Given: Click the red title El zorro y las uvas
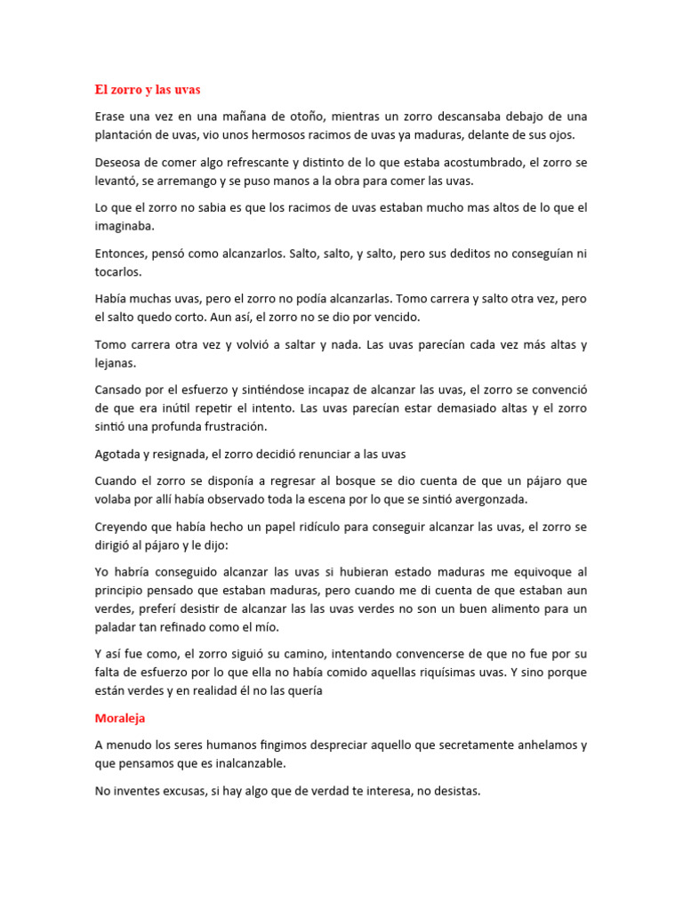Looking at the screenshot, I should pyautogui.click(x=149, y=90).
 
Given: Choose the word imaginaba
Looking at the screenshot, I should pyautogui.click(x=125, y=226).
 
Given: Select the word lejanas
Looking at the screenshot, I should pyautogui.click(x=117, y=363).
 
